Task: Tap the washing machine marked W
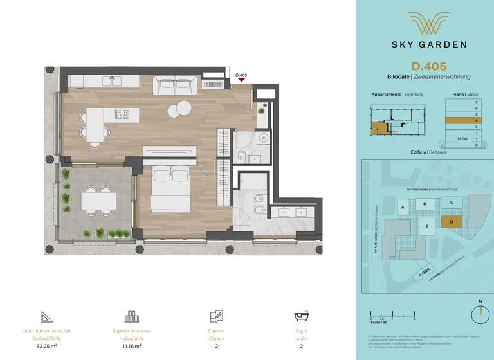pos(264,138)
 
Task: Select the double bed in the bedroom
pos(170,190)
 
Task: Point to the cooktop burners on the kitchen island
pos(122,114)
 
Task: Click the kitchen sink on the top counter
pos(116,82)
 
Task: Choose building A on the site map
pos(402,207)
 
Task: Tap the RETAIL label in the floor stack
pos(462,138)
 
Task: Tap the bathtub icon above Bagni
pos(302,317)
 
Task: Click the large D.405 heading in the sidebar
pos(429,66)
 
